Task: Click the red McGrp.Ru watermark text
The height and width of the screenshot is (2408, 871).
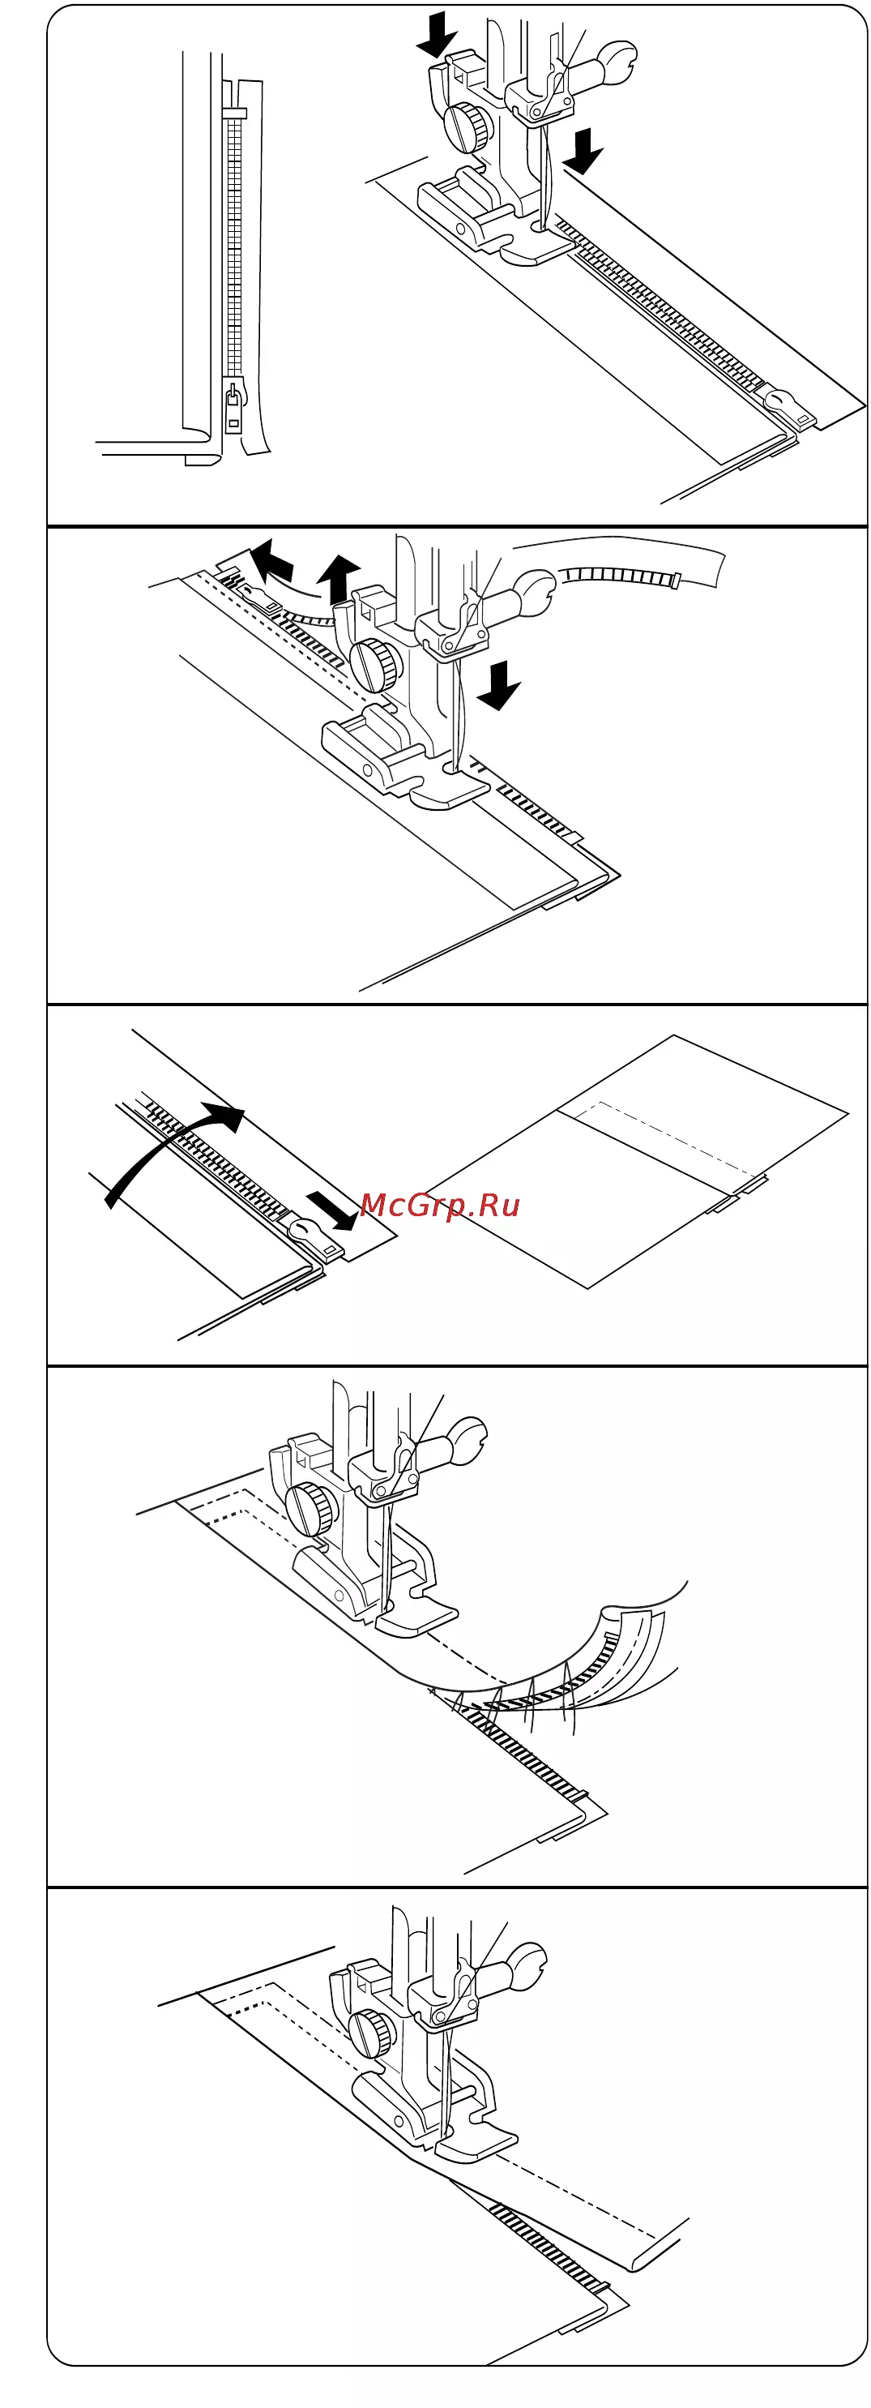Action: [439, 1205]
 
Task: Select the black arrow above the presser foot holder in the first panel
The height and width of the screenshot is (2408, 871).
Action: [437, 35]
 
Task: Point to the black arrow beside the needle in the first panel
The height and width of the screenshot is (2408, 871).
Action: [583, 151]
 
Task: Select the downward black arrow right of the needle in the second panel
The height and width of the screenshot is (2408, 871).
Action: [499, 684]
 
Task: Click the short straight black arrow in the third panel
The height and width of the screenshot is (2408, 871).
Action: [331, 1210]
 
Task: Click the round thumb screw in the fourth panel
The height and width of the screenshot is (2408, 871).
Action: [313, 1506]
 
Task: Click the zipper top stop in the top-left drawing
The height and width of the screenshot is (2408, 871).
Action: [235, 114]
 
